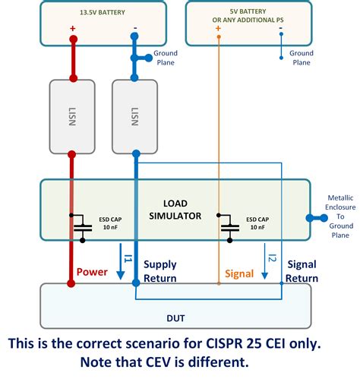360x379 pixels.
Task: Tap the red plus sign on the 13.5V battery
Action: tap(73, 30)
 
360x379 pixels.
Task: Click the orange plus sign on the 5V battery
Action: tap(218, 30)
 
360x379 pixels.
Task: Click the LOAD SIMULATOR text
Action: tap(182, 209)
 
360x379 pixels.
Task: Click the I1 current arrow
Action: tap(123, 262)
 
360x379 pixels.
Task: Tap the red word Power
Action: tap(91, 270)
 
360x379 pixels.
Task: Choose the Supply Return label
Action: tap(160, 271)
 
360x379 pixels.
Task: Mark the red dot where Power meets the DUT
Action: tap(71, 284)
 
